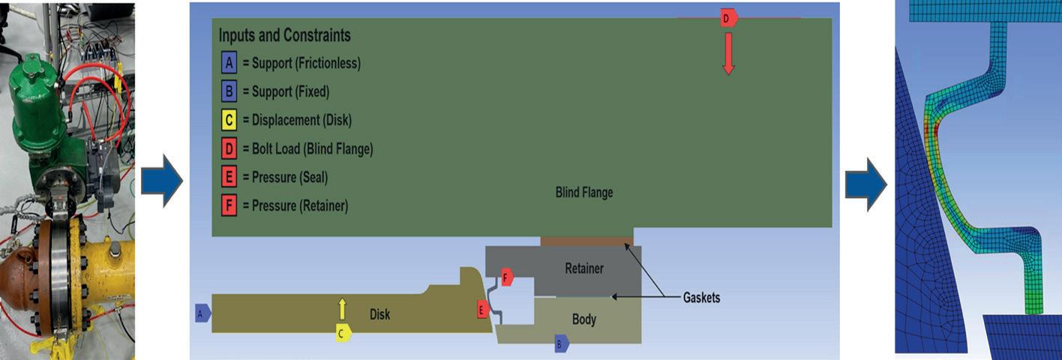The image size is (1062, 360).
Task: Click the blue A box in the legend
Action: point(229,63)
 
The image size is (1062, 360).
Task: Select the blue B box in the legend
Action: point(229,91)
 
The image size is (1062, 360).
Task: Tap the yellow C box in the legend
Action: point(229,120)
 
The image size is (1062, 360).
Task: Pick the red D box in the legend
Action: point(229,148)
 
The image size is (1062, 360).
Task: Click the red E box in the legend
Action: point(229,177)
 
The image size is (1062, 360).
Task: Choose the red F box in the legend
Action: point(229,205)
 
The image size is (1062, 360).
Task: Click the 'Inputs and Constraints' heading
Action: point(284,35)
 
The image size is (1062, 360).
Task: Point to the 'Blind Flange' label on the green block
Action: point(583,193)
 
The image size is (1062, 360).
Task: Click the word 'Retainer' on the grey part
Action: point(583,268)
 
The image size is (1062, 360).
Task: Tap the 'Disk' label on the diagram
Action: point(380,314)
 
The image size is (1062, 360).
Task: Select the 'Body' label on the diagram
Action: point(583,319)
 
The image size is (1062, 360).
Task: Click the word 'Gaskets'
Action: point(701,298)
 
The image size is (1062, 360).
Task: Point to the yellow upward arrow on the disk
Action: point(342,309)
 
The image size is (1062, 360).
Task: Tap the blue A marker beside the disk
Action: point(201,313)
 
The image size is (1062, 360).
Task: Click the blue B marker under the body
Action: point(561,344)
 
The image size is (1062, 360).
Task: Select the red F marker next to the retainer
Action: point(507,277)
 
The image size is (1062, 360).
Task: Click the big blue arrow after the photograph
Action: point(162,181)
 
